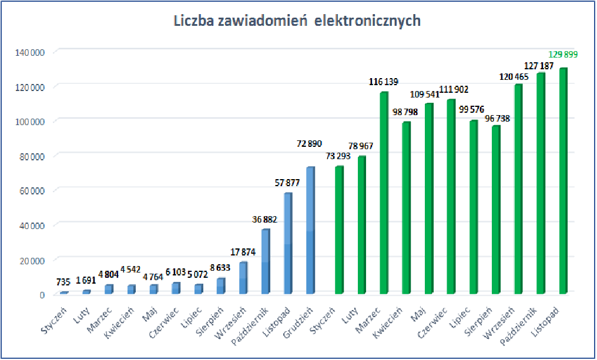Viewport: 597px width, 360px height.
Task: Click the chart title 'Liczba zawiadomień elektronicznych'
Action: click(297, 21)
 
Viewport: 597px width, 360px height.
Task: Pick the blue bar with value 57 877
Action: click(288, 243)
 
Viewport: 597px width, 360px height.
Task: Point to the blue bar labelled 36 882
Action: click(266, 261)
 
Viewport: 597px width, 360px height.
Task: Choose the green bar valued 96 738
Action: click(496, 210)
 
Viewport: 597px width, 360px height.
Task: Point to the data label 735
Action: click(64, 282)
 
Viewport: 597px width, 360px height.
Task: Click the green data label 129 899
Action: click(562, 54)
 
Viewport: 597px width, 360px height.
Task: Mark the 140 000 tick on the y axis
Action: click(32, 52)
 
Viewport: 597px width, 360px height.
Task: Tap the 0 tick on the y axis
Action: click(42, 294)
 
